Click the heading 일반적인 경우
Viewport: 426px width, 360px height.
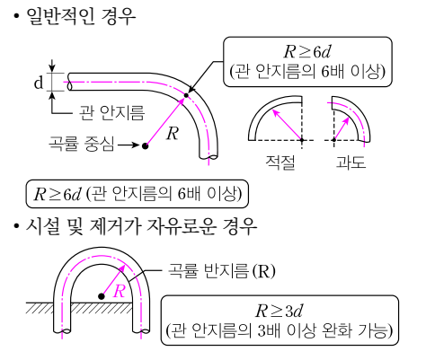[81, 16]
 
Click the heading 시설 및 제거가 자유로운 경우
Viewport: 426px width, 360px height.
[141, 226]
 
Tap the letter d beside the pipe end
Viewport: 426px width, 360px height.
[39, 82]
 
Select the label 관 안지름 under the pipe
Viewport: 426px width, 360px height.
[111, 113]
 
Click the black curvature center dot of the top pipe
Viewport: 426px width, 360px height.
[145, 146]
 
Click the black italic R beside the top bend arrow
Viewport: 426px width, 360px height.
[173, 134]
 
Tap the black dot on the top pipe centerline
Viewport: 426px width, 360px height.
[186, 95]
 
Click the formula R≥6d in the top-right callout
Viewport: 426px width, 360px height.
[307, 52]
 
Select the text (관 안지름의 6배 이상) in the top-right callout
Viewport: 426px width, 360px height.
[307, 72]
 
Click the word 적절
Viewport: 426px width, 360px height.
[280, 162]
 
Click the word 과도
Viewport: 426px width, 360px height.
[351, 162]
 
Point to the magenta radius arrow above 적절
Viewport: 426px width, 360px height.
[287, 125]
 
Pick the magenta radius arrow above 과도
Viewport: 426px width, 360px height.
[342, 128]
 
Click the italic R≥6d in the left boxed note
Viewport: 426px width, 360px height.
[57, 194]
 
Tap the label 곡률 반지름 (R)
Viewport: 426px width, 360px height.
[221, 271]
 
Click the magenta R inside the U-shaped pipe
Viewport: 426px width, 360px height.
[119, 291]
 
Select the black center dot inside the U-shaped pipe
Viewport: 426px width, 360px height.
[102, 296]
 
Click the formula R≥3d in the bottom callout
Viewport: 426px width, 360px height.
[279, 311]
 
